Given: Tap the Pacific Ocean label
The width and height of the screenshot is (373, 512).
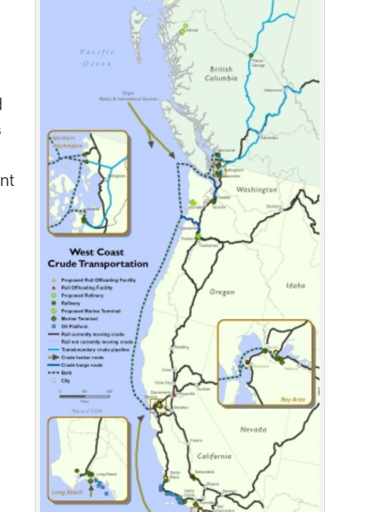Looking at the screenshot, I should tap(98, 57).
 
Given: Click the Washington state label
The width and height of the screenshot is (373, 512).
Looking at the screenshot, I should tap(257, 189).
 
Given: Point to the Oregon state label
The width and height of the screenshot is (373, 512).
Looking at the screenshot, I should tap(222, 291).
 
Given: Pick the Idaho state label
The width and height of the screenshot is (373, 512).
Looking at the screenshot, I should tap(295, 285).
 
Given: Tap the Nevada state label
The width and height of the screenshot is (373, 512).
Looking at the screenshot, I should tap(253, 430).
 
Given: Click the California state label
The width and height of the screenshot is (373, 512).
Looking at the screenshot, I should tap(214, 456).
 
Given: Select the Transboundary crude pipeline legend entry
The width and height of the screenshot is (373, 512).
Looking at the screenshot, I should tap(94, 349).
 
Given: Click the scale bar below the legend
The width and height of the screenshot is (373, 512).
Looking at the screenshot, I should tap(85, 396).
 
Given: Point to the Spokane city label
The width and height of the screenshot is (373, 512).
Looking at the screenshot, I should tap(273, 206).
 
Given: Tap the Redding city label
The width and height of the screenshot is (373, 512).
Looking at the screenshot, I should tap(181, 347).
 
